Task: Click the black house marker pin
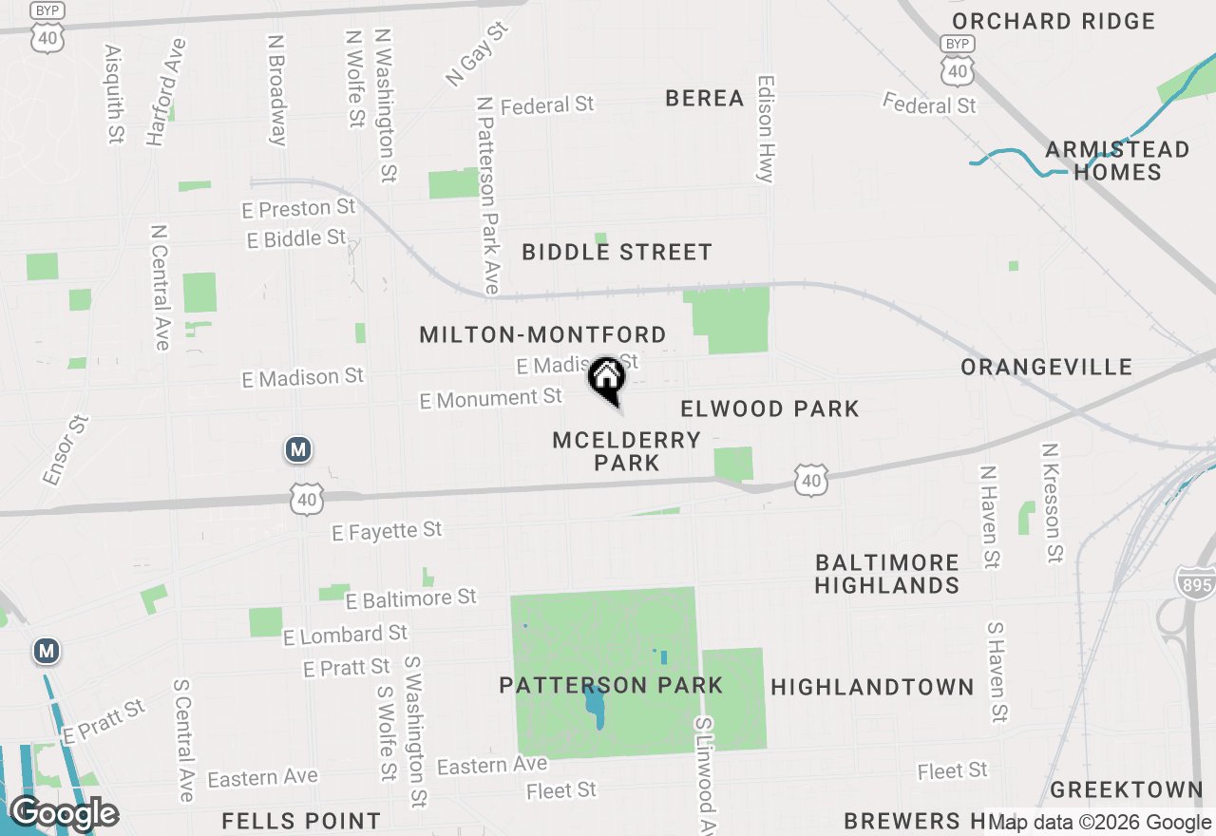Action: pyautogui.click(x=606, y=379)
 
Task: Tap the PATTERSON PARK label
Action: pyautogui.click(x=612, y=685)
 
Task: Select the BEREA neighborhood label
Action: pyautogui.click(x=705, y=98)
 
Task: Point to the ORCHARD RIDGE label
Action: pyautogui.click(x=1054, y=21)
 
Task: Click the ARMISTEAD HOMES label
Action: pyautogui.click(x=1117, y=161)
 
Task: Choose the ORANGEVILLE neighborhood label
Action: pyautogui.click(x=1046, y=367)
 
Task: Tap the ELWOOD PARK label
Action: pyautogui.click(x=769, y=408)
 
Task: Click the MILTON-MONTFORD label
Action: pyautogui.click(x=542, y=334)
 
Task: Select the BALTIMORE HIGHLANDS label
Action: pyautogui.click(x=887, y=573)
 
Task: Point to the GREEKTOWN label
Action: pyautogui.click(x=1127, y=789)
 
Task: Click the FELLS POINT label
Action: pyautogui.click(x=301, y=821)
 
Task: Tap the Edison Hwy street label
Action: pyautogui.click(x=766, y=128)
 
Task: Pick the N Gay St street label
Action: pyautogui.click(x=478, y=55)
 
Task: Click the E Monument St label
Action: pyautogui.click(x=491, y=399)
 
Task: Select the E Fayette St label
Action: pyautogui.click(x=387, y=530)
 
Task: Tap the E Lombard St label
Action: pyautogui.click(x=345, y=635)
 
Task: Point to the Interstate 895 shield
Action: pyautogui.click(x=1194, y=581)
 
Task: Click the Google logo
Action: pyautogui.click(x=64, y=813)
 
